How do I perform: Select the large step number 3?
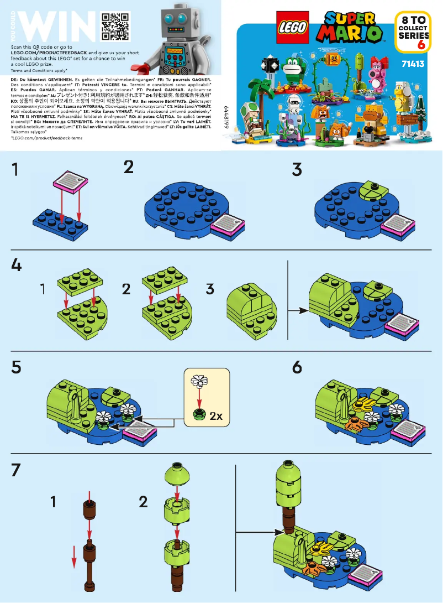point(297,169)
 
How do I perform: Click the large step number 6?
point(297,367)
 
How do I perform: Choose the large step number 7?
point(17,471)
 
